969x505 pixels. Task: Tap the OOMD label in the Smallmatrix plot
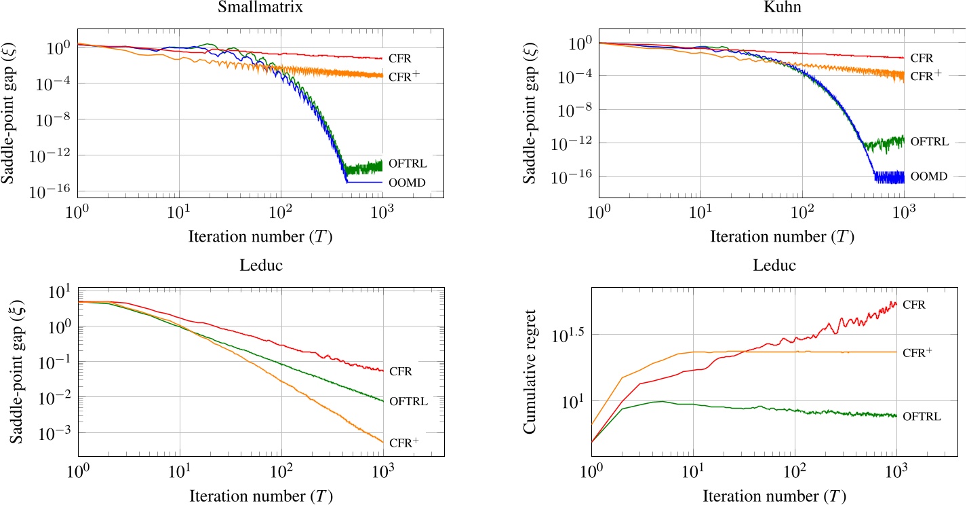click(405, 182)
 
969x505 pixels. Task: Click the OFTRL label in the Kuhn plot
click(928, 142)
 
